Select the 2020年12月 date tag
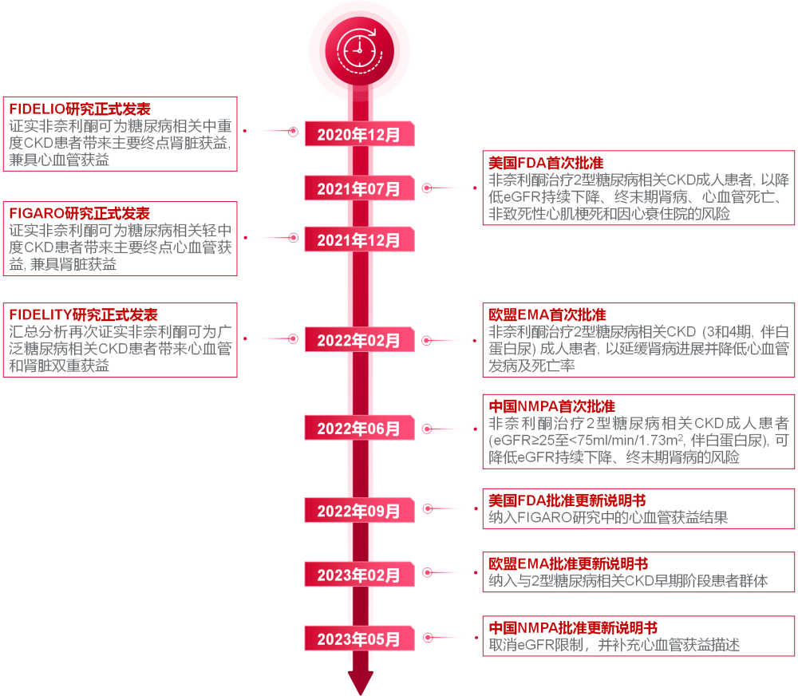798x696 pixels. (359, 134)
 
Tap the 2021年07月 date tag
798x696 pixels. (359, 189)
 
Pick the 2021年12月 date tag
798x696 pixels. (359, 239)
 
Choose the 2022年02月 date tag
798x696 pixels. (359, 340)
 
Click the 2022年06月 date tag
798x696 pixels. (359, 429)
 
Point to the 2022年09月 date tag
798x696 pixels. (359, 510)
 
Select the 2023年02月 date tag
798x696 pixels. (359, 575)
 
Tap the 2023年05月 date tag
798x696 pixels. (359, 639)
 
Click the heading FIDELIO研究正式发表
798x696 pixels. (79, 109)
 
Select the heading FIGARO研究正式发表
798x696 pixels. (79, 213)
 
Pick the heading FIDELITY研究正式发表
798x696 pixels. (83, 314)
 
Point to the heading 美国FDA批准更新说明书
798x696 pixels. (567, 500)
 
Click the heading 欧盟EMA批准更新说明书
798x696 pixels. (567, 564)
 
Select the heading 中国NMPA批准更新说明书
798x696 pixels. (572, 627)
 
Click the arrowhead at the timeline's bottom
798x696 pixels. (360, 682)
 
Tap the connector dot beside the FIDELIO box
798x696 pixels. (245, 131)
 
